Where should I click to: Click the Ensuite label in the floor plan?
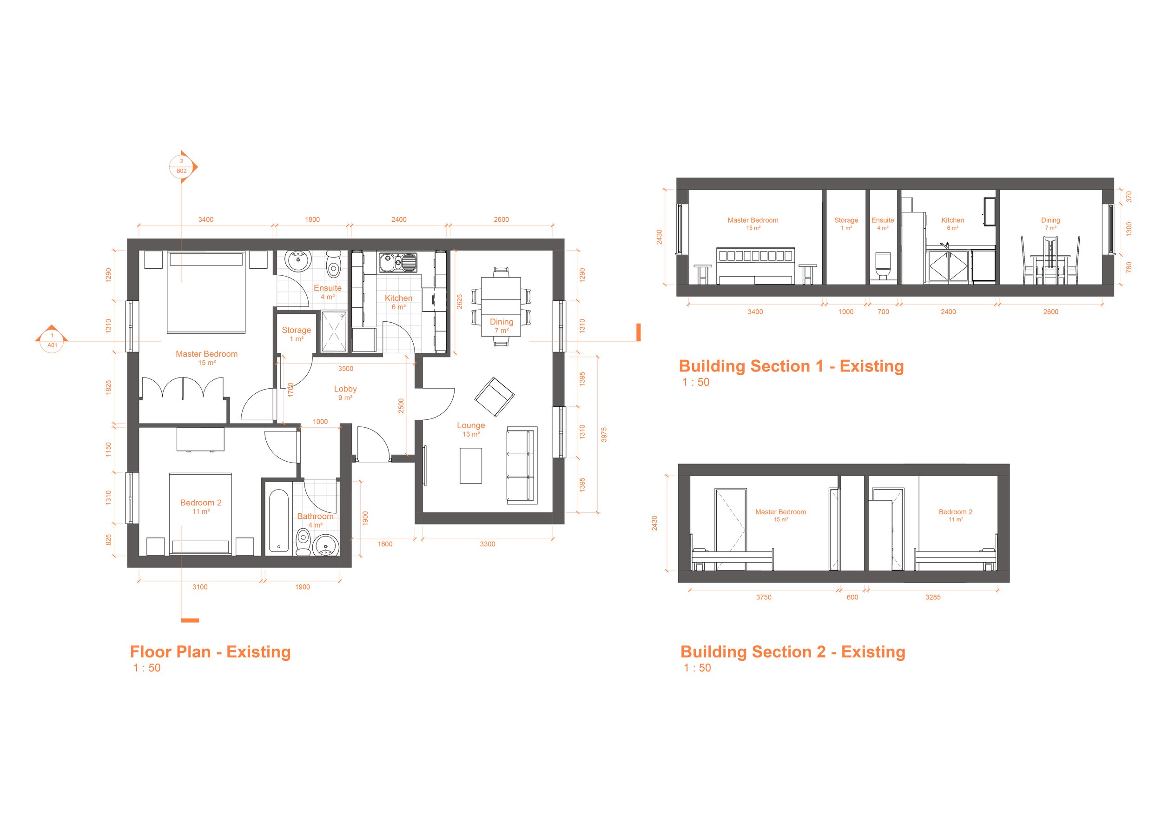point(327,288)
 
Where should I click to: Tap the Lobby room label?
point(345,389)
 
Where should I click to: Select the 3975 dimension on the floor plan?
point(604,435)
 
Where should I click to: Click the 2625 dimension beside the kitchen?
point(460,302)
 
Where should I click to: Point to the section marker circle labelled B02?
point(182,166)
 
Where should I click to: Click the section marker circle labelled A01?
point(52,341)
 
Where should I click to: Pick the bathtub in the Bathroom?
point(278,520)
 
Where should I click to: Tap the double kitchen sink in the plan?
point(398,262)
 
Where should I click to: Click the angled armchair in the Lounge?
point(494,397)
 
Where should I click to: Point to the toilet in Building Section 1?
point(883,266)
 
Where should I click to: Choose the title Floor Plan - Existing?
point(210,652)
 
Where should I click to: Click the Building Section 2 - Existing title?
point(792,652)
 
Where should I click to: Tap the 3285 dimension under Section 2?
point(933,597)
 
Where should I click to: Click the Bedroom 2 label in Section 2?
point(956,512)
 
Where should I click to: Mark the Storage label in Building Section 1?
point(846,220)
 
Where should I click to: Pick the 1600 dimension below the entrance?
point(385,544)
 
